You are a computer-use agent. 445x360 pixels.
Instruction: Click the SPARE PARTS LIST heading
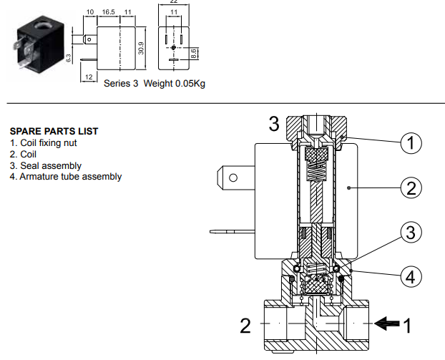(54, 132)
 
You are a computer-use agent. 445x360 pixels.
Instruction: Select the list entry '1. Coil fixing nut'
(43, 143)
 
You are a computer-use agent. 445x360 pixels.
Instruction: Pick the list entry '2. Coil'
(23, 154)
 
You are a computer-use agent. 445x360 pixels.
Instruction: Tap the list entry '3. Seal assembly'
(45, 165)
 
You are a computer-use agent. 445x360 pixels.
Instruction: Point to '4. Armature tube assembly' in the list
(65, 176)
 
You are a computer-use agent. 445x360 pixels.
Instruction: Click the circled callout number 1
(411, 143)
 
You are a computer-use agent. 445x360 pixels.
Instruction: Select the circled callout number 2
(411, 188)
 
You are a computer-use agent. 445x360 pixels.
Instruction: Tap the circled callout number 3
(411, 233)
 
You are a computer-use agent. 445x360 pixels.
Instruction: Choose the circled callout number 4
(411, 276)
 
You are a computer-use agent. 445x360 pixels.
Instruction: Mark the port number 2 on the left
(245, 326)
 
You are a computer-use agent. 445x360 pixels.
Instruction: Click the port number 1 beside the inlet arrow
(408, 326)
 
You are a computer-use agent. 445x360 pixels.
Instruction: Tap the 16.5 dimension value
(109, 12)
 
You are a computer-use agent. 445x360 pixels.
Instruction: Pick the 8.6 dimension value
(193, 52)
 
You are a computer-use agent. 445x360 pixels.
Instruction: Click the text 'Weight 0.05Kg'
(175, 84)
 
